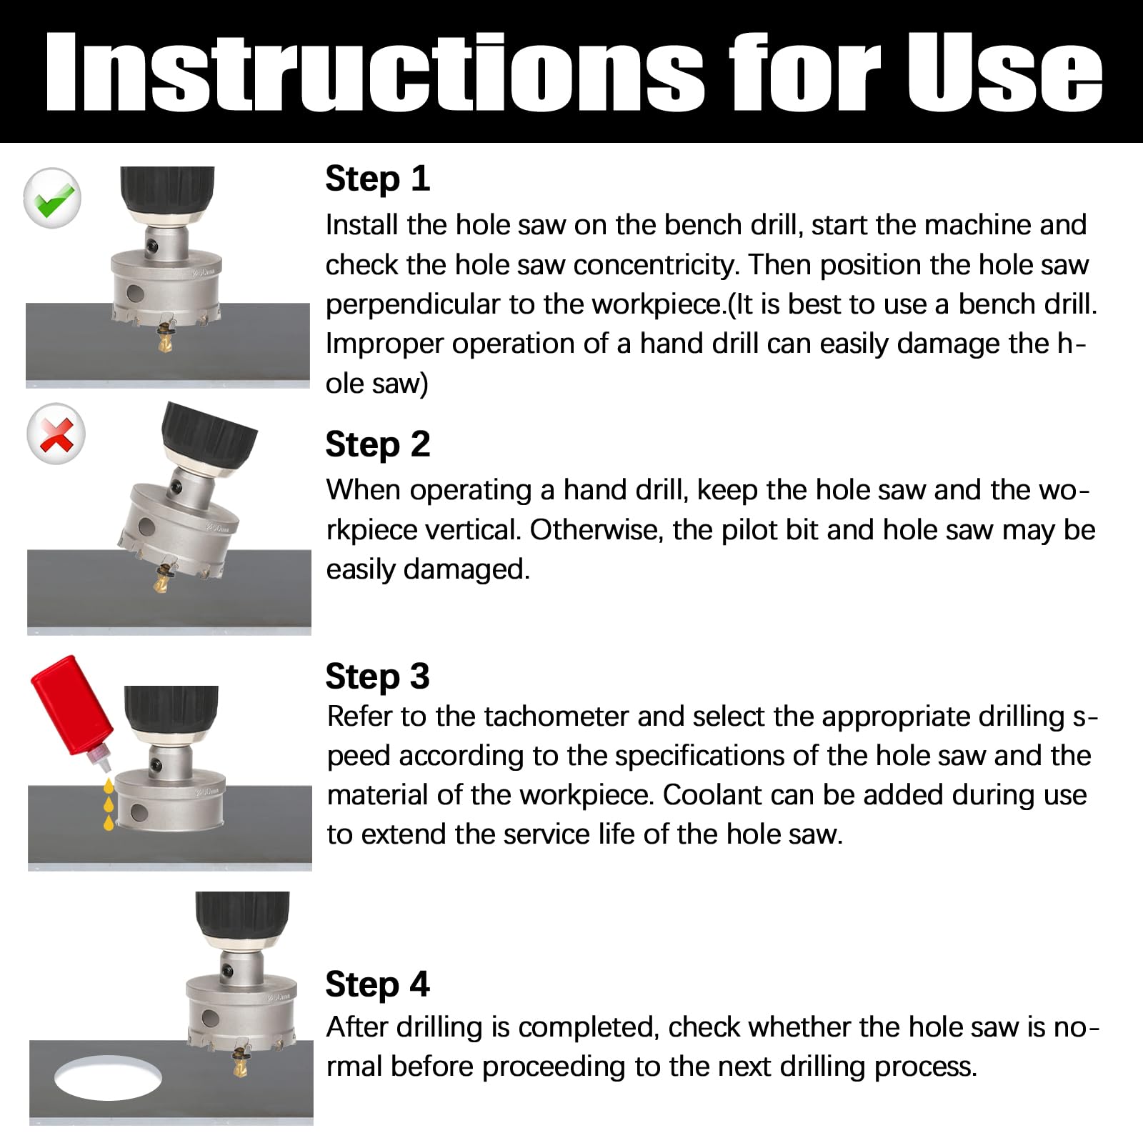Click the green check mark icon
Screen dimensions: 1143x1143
(53, 198)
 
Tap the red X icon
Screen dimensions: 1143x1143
(56, 434)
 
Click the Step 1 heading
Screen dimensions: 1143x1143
(377, 179)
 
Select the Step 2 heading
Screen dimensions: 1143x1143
(377, 444)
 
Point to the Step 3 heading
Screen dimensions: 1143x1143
(377, 676)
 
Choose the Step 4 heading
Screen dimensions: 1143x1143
(377, 984)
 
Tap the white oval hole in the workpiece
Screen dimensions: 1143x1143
(108, 1078)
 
